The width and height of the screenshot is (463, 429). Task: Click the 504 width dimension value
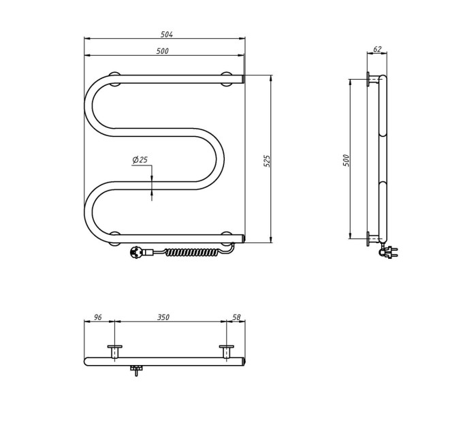167,34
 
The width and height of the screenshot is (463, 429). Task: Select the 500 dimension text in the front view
163,51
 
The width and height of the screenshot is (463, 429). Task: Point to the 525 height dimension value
267,161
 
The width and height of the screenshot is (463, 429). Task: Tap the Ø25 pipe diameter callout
140,160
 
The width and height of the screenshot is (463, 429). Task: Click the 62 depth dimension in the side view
377,49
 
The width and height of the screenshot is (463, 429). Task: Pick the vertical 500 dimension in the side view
346,160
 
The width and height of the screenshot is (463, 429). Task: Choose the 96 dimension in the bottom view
98,317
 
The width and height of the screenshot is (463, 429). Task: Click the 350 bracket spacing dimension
163,317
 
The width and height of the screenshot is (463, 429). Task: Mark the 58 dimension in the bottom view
236,317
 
